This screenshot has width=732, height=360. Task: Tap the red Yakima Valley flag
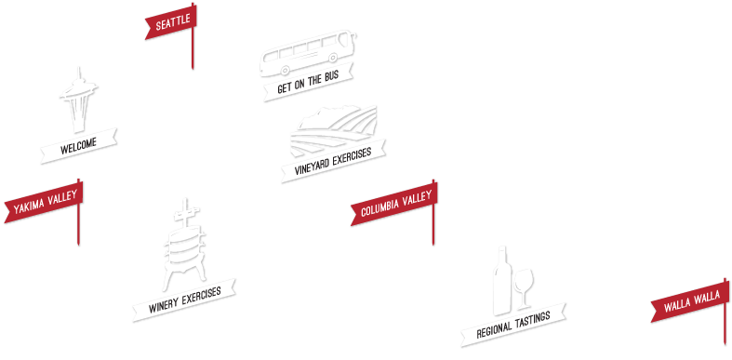click(x=44, y=204)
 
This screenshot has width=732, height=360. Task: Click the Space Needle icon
click(x=77, y=102)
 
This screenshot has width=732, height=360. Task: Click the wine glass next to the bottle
click(x=524, y=287)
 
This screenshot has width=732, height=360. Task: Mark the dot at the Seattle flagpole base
click(x=193, y=67)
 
